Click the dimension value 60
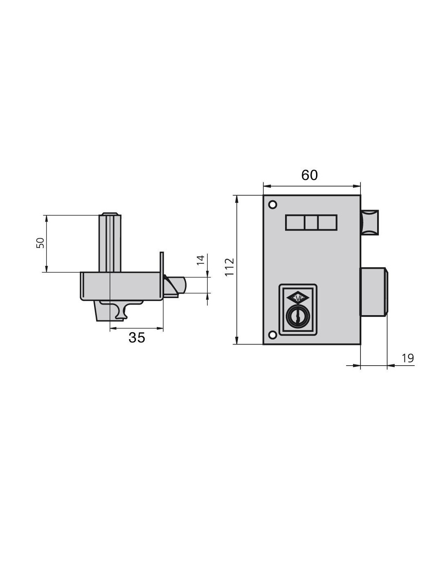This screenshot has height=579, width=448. tap(310, 175)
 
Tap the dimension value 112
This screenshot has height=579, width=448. tap(229, 267)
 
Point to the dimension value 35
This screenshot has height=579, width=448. tap(137, 337)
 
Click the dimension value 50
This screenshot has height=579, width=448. tap(40, 243)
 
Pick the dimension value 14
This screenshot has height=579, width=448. tap(200, 260)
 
